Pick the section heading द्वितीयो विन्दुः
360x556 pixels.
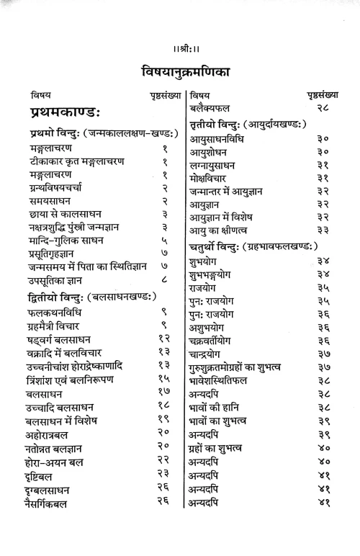(94, 297)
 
